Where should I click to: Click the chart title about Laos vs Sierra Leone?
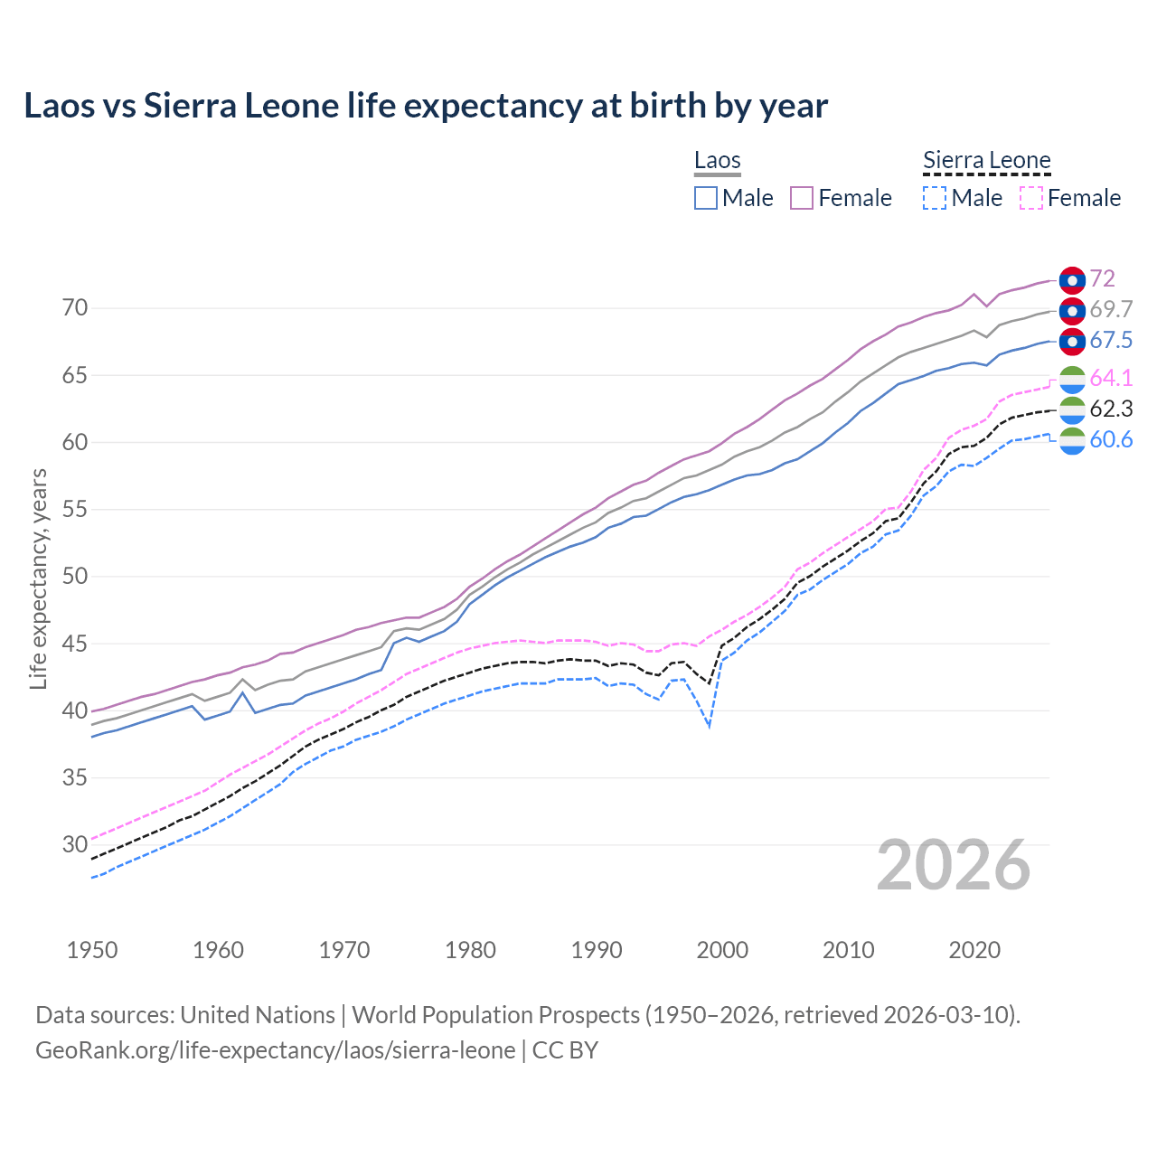tap(426, 106)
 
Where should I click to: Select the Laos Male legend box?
tap(706, 198)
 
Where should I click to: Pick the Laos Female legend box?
tap(803, 198)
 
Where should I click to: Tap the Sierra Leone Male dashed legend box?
tap(935, 198)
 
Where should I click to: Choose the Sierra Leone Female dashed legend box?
tap(1031, 198)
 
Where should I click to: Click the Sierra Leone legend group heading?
tap(986, 161)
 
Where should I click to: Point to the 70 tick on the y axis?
tap(75, 308)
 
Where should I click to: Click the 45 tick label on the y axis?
tap(75, 644)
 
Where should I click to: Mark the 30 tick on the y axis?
tap(75, 845)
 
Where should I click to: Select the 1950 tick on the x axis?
tap(92, 950)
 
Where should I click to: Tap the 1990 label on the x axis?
tap(597, 950)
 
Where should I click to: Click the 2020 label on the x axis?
tap(974, 950)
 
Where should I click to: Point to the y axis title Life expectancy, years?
tap(38, 578)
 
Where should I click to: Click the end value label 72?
tap(1102, 278)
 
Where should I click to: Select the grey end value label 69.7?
tap(1111, 309)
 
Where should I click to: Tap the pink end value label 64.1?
tap(1111, 378)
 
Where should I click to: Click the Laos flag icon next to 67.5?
tap(1072, 341)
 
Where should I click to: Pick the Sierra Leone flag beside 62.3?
tap(1072, 409)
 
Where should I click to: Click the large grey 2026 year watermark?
tap(954, 865)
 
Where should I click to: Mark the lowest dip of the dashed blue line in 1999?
tap(710, 726)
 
